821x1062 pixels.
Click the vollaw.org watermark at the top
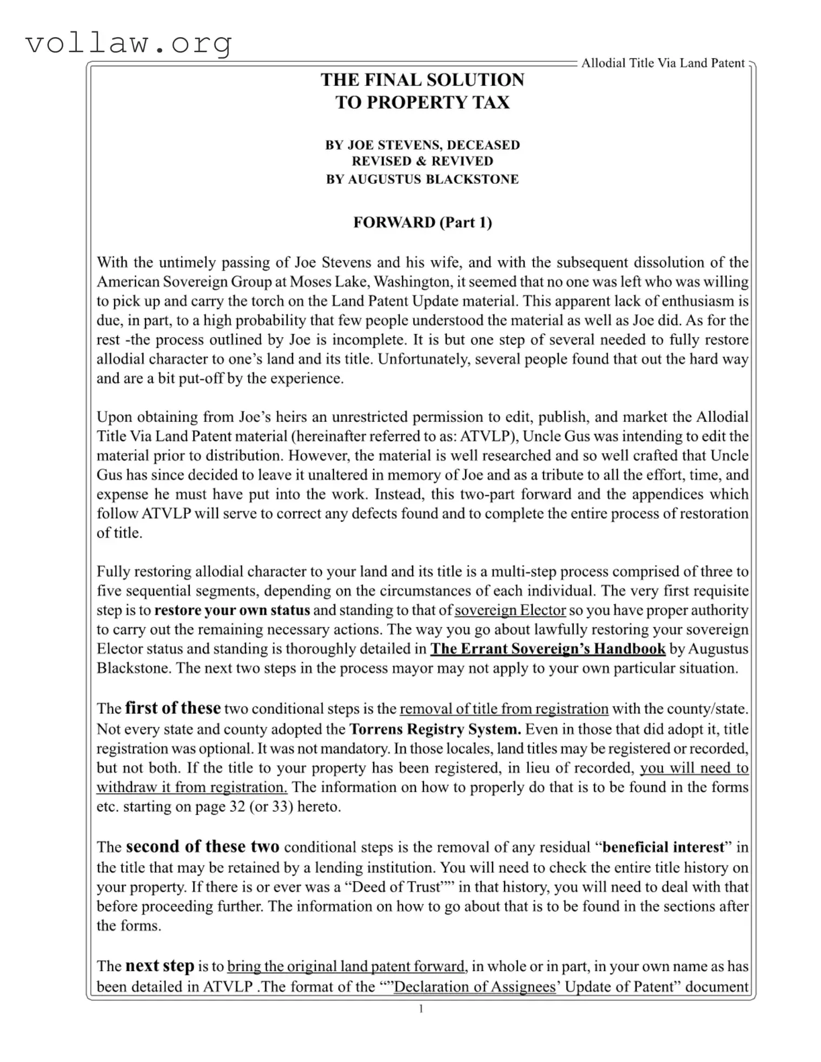[129, 43]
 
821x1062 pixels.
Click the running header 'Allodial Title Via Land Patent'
[663, 63]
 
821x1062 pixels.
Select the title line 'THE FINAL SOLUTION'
[422, 80]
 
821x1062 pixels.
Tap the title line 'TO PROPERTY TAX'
[422, 102]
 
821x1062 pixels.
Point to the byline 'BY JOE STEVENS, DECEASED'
[422, 145]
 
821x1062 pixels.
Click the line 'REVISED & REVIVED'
[422, 161]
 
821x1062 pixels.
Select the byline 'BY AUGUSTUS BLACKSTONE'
[422, 179]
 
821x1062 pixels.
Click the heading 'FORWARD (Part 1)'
[422, 222]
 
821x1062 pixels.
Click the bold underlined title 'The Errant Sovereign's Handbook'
[547, 648]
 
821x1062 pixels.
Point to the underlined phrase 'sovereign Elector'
[510, 610]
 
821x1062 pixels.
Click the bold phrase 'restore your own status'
[232, 610]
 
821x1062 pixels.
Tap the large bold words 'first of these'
[173, 708]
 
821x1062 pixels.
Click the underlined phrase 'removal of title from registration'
[504, 709]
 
